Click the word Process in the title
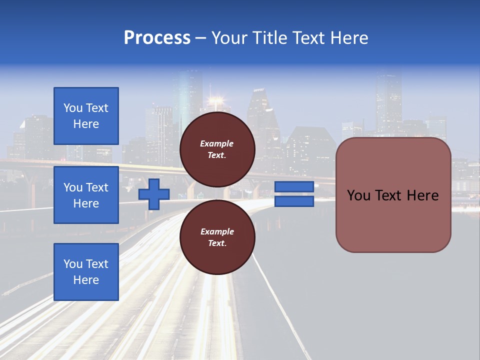157,37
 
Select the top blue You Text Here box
86,115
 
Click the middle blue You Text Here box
86,195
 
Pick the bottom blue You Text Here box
86,272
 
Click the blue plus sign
154,194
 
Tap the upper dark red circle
217,149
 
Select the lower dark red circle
217,237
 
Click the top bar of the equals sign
294,186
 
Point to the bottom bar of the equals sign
294,201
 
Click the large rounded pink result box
393,195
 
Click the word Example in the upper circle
216,143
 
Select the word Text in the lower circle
217,243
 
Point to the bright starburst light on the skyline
216,100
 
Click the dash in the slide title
201,39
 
